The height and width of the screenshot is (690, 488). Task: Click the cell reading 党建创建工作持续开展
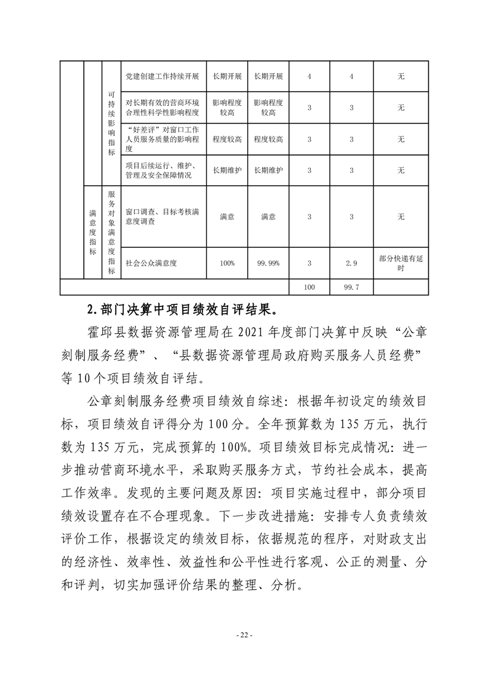tap(162, 77)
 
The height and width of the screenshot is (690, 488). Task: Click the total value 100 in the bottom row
tap(310, 287)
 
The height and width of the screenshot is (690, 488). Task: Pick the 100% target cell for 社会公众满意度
tap(227, 263)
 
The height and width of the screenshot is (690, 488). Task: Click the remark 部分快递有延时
tap(401, 263)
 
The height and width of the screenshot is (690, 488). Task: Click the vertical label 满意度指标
tap(92, 232)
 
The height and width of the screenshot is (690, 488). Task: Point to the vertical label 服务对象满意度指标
tap(111, 232)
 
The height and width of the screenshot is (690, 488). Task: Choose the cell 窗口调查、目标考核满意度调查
tap(162, 216)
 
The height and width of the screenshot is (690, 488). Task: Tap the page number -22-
tap(244, 635)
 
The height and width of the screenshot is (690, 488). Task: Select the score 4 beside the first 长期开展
tap(310, 77)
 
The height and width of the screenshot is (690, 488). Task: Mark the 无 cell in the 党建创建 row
tap(401, 77)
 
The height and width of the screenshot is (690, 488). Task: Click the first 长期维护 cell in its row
tap(227, 170)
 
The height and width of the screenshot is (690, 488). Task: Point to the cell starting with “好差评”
tap(162, 139)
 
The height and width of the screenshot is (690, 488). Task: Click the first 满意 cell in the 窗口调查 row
tap(227, 216)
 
